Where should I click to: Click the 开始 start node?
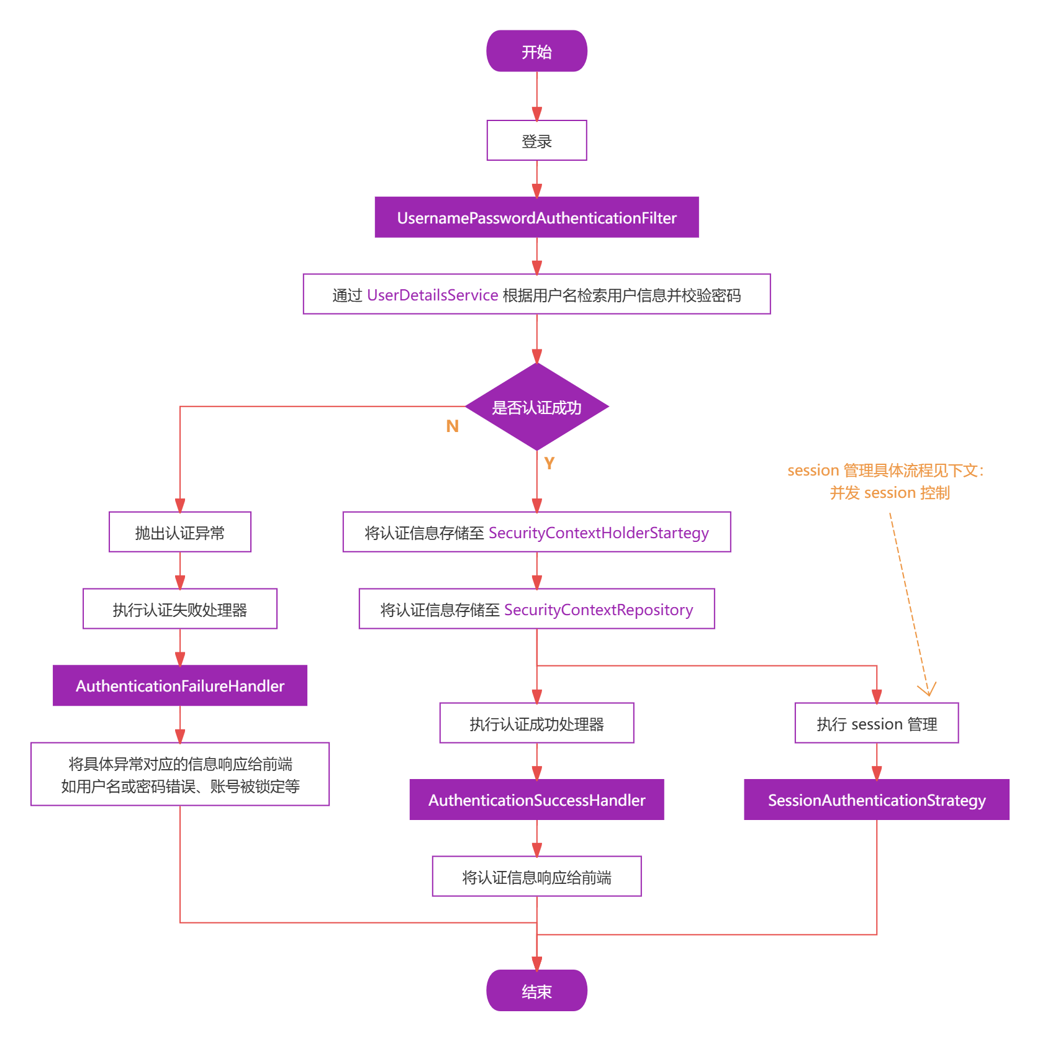click(536, 52)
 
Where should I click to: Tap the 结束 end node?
click(536, 991)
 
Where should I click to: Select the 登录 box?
click(536, 141)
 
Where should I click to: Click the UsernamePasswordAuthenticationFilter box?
click(536, 218)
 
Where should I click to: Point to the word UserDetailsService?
click(432, 295)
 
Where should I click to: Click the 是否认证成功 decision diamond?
click(536, 407)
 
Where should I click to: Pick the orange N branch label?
click(452, 426)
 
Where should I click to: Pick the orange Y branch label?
click(549, 462)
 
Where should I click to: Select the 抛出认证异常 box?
click(180, 532)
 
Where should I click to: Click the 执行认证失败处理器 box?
click(180, 609)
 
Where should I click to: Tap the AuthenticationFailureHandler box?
click(180, 686)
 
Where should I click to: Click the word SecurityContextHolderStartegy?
click(599, 533)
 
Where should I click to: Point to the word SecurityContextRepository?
click(598, 610)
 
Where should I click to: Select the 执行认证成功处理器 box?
click(536, 723)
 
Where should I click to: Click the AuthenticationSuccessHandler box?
click(536, 800)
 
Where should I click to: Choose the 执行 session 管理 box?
click(876, 723)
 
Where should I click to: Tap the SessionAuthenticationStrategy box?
click(876, 800)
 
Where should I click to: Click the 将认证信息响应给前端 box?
click(536, 877)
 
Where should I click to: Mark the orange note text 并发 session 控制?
click(889, 493)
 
